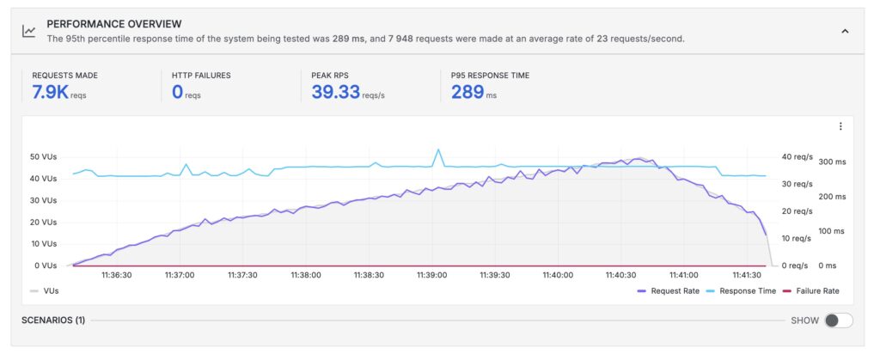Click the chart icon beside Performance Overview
pyautogui.click(x=29, y=31)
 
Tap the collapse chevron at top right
pyautogui.click(x=845, y=31)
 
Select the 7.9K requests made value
pyautogui.click(x=50, y=93)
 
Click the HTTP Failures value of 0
pyautogui.click(x=178, y=93)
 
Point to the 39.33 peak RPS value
pyautogui.click(x=335, y=93)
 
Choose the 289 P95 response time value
pyautogui.click(x=467, y=93)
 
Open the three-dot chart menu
pyautogui.click(x=840, y=126)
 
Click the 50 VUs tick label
pyautogui.click(x=43, y=157)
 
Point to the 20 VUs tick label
pyautogui.click(x=43, y=223)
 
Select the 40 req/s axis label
pyautogui.click(x=796, y=157)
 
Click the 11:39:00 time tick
pyautogui.click(x=431, y=276)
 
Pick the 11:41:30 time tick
pyautogui.click(x=747, y=276)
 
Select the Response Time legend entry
pyautogui.click(x=739, y=291)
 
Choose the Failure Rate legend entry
pyautogui.click(x=811, y=291)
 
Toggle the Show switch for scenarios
pyautogui.click(x=838, y=320)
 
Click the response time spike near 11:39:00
pyautogui.click(x=438, y=150)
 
